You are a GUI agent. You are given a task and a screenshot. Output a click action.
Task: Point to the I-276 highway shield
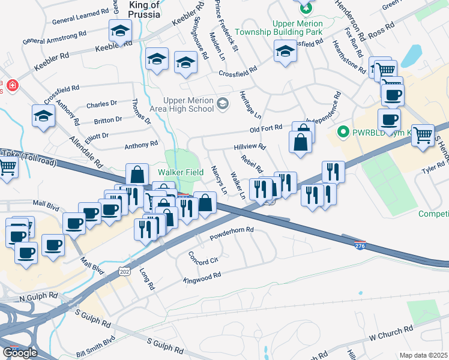(x=360, y=246)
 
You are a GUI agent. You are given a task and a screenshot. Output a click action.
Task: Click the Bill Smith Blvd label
(x=95, y=347)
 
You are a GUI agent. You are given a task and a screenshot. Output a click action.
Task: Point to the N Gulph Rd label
(x=38, y=297)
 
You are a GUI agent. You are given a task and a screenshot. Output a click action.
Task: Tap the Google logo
(x=20, y=353)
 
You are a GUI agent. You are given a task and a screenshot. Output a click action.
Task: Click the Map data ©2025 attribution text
(x=423, y=355)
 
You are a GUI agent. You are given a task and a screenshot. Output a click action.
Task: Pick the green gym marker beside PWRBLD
(x=344, y=131)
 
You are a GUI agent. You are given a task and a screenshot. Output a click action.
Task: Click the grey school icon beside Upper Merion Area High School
(x=223, y=104)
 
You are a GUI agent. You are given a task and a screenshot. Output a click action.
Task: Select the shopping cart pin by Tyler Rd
(x=423, y=135)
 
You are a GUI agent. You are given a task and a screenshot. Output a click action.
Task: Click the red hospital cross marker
(x=11, y=86)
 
